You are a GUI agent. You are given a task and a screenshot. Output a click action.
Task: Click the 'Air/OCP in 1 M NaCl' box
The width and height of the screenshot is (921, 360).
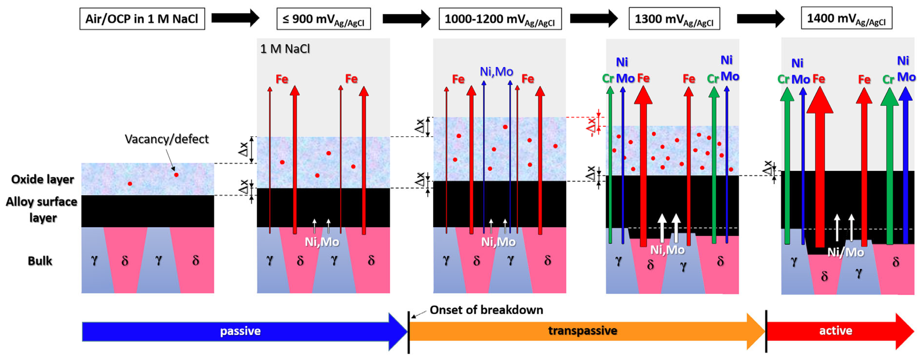(142, 19)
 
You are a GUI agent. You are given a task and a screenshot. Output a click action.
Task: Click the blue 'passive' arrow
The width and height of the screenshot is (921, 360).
(240, 331)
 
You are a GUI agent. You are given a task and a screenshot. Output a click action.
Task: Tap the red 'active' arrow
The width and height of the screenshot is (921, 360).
(836, 331)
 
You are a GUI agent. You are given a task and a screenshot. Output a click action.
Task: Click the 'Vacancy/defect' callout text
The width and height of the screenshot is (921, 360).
(167, 139)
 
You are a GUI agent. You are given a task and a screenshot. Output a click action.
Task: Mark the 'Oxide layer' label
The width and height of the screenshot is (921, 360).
(42, 179)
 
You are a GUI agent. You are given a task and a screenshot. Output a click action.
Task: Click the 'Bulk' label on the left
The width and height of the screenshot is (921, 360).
(40, 261)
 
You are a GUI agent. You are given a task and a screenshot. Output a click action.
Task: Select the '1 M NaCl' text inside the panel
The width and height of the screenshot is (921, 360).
(285, 49)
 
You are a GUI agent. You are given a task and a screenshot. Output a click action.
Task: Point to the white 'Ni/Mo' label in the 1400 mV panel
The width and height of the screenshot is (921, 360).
(846, 252)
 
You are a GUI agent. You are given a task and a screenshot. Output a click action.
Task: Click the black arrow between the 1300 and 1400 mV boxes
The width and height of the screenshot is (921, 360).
(760, 18)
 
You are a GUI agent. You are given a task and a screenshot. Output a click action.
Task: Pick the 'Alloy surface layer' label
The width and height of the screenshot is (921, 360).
(42, 209)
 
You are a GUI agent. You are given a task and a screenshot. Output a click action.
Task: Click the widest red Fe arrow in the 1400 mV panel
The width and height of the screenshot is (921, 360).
(820, 172)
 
